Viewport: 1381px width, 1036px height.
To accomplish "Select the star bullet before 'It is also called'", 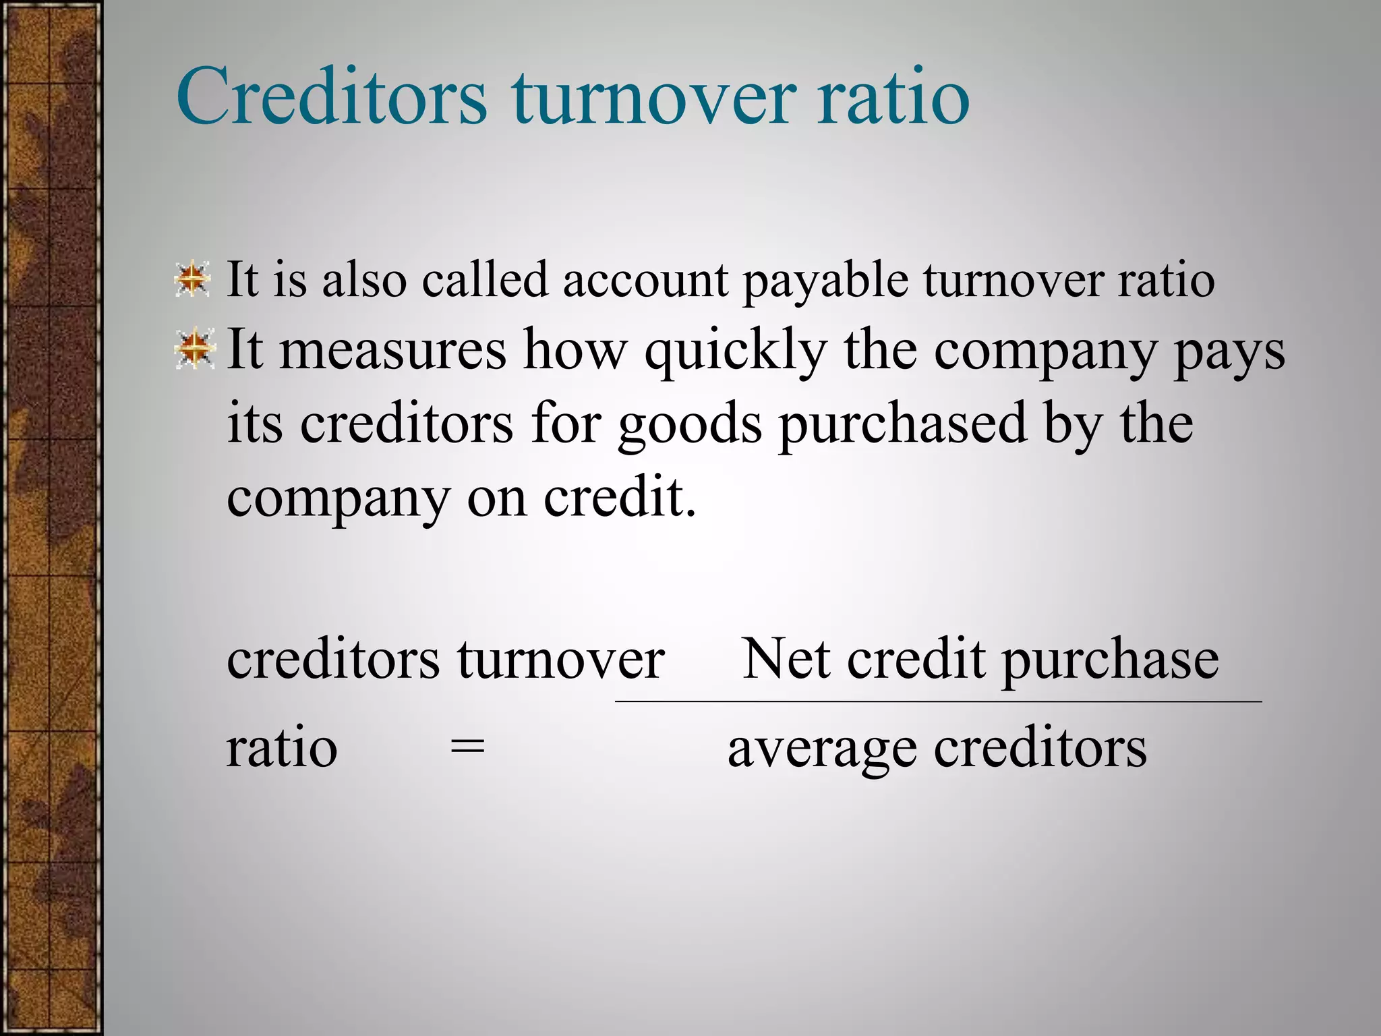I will click(193, 279).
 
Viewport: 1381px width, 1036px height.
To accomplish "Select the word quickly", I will click(736, 351).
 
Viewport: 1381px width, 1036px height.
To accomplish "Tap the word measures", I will click(392, 350).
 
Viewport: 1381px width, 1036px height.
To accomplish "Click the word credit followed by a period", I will click(619, 497).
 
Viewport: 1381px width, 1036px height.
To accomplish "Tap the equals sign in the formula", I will click(467, 748).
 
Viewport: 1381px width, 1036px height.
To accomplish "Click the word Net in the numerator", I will click(786, 659).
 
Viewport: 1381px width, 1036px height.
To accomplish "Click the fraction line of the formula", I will click(937, 702).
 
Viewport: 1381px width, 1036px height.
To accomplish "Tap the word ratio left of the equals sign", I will click(281, 748).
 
